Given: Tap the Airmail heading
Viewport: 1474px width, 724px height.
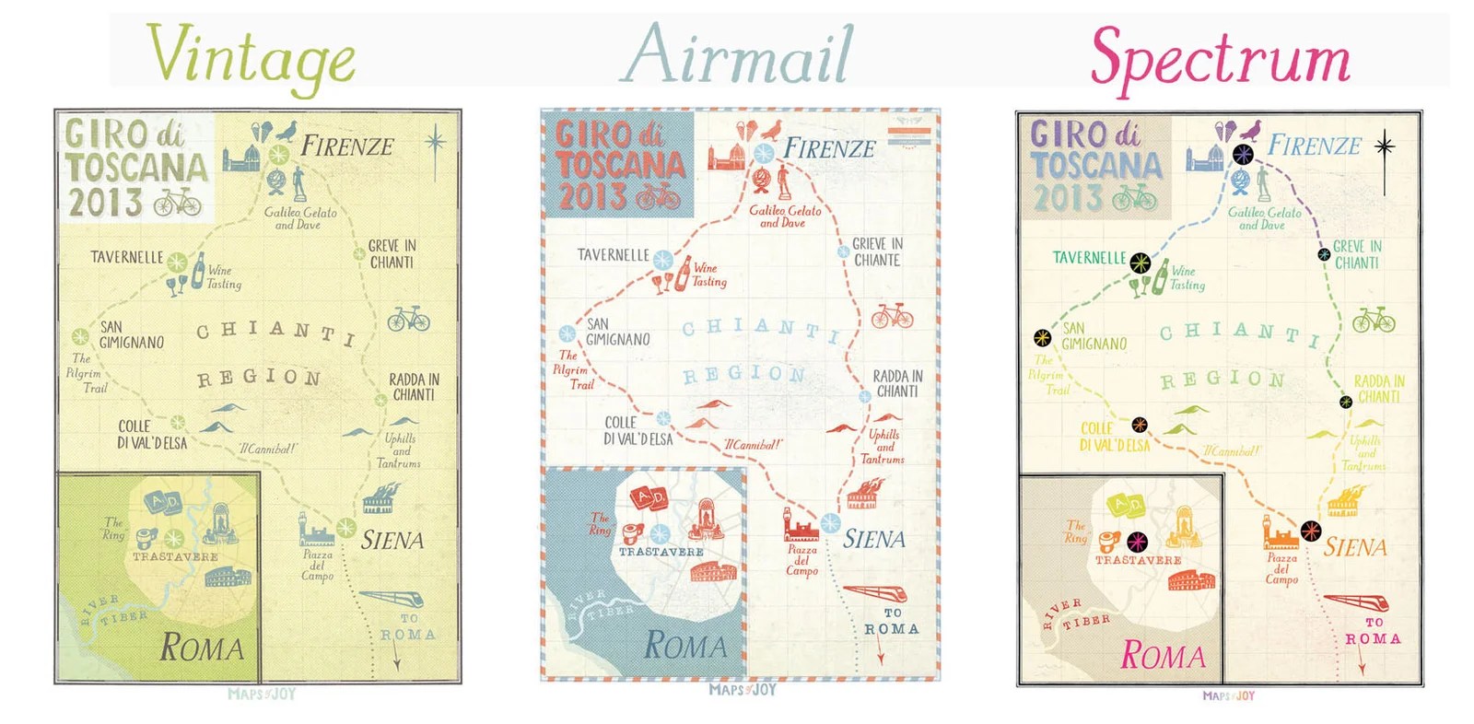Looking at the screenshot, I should (x=737, y=55).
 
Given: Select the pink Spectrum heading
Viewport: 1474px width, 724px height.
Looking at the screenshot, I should (x=1220, y=57).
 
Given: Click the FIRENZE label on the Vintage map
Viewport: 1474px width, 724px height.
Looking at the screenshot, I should (x=347, y=146).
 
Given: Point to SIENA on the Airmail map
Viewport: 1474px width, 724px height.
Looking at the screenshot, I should (x=874, y=539).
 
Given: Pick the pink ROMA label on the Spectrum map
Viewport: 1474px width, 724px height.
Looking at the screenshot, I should (x=1163, y=656).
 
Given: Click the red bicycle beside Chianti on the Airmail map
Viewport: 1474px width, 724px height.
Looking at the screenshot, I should (x=892, y=316).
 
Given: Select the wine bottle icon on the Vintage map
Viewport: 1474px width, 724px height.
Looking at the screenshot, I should (x=197, y=271).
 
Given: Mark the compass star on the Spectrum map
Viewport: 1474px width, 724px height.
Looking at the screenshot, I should (x=1384, y=146).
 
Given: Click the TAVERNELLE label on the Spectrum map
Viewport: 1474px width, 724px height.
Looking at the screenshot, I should (x=1089, y=258).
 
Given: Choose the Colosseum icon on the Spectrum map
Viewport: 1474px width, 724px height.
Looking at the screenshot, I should (x=1191, y=580).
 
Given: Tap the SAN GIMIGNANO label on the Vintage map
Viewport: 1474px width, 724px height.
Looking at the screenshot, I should (x=131, y=334).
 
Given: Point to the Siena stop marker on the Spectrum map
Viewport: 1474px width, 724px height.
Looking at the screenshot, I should (x=1311, y=531).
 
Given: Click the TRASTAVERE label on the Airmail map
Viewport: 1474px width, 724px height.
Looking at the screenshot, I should (x=661, y=552).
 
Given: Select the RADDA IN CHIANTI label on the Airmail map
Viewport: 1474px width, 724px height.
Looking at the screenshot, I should (x=897, y=383).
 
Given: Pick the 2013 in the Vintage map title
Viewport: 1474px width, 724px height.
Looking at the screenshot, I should (x=105, y=203).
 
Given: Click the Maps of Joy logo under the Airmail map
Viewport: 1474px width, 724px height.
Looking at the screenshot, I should (x=743, y=690).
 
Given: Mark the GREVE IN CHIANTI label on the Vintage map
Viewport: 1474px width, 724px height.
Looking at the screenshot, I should (x=392, y=254).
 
